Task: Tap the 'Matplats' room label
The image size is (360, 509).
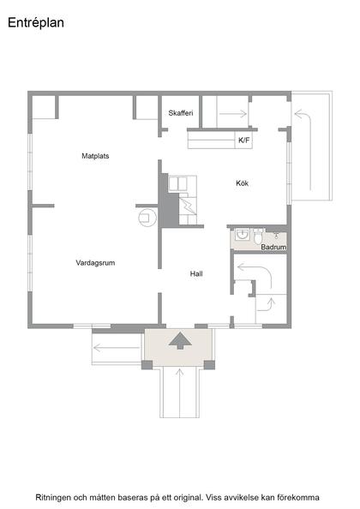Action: click(x=95, y=156)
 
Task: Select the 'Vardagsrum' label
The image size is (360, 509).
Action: click(x=95, y=263)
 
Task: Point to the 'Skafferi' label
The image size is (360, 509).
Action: click(x=182, y=113)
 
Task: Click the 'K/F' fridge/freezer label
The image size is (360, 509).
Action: click(x=243, y=140)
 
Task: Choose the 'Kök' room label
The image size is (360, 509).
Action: click(x=243, y=183)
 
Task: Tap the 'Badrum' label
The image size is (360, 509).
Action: click(x=273, y=247)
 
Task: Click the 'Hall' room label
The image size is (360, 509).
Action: click(x=196, y=273)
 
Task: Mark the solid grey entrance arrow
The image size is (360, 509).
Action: click(x=180, y=340)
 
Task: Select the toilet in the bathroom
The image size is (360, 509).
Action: click(x=258, y=237)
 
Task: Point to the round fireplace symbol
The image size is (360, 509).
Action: click(x=145, y=218)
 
